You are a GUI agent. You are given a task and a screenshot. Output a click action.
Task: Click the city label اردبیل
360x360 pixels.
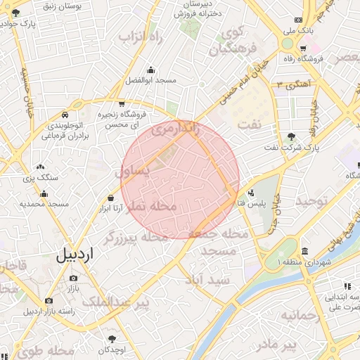[73, 255]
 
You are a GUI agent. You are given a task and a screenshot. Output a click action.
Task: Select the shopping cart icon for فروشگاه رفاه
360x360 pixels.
[303, 49]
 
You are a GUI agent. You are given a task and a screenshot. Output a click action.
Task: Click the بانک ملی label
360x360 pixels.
[297, 31]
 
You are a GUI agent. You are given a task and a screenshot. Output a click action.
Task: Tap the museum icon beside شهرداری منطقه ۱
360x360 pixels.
[304, 252]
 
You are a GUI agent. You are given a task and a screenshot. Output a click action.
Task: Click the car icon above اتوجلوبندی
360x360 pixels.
[65, 114]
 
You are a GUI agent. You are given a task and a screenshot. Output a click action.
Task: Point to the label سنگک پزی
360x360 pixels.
[39, 178]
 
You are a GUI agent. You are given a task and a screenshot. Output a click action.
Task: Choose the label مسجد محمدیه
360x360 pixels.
[44, 203]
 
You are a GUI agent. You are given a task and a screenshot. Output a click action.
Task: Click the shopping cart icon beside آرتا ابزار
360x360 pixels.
[111, 198]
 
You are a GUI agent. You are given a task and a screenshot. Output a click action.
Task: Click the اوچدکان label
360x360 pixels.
[112, 349]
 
